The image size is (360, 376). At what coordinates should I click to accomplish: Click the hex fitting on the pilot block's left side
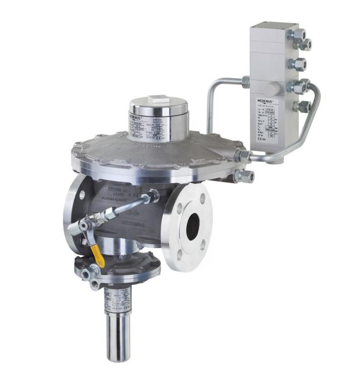tap(246, 82)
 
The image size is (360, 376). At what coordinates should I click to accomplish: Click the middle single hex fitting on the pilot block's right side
tap(297, 64)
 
